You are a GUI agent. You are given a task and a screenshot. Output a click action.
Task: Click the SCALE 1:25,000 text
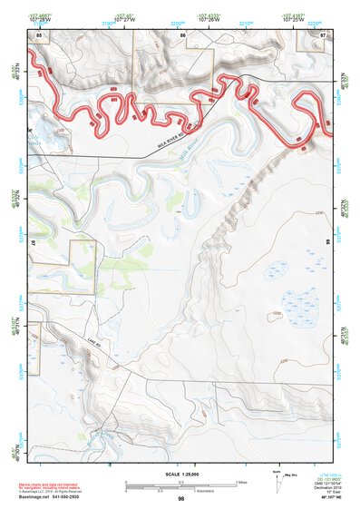tap(180, 475)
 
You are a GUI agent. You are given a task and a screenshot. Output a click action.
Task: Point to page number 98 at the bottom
tap(180, 499)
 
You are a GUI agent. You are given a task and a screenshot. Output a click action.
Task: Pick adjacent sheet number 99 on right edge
tap(327, 243)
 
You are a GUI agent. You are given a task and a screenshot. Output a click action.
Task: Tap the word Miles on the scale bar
tap(240, 482)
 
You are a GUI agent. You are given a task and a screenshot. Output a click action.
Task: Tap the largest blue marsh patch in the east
tap(297, 302)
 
